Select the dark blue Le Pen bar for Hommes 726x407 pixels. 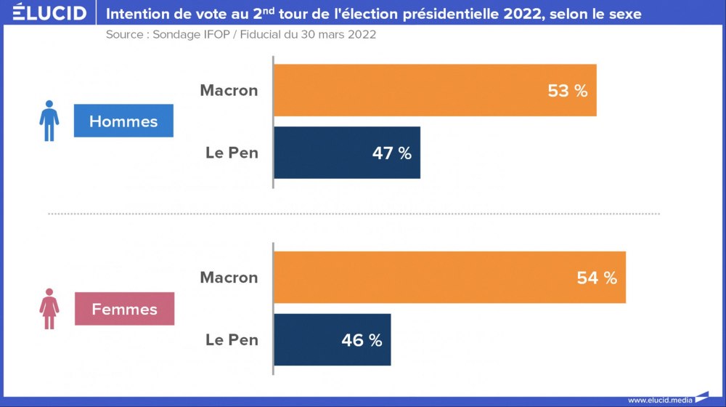[346, 153]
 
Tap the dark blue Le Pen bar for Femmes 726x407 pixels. [332, 339]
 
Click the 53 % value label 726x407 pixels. [567, 91]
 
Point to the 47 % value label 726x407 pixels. [391, 153]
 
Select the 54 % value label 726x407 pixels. [596, 278]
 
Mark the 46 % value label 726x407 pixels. [362, 340]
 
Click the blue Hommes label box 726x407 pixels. [123, 121]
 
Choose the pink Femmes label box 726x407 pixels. [124, 309]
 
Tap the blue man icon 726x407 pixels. [49, 121]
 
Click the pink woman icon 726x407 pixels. [49, 309]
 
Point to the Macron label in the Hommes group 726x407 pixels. [229, 91]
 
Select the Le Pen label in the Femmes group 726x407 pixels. [232, 339]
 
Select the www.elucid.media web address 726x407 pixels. [660, 400]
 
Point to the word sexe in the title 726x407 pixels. [624, 14]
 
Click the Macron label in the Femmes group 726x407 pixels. [229, 278]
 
